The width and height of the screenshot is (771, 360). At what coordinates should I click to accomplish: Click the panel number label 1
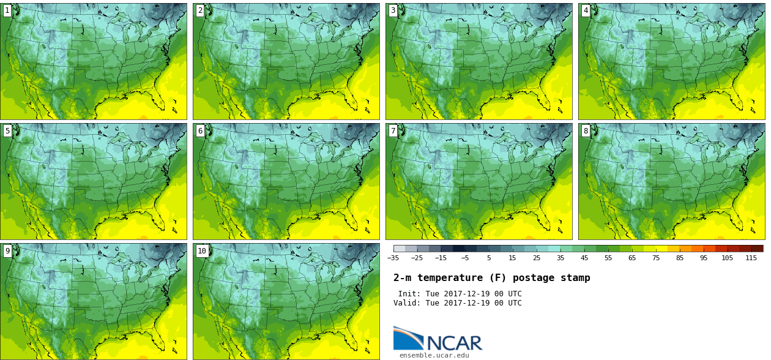tap(7, 10)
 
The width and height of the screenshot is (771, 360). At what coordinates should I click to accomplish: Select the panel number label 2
tap(200, 10)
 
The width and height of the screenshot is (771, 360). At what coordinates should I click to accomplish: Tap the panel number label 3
tap(393, 10)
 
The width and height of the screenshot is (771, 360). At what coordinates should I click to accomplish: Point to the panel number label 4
tap(586, 10)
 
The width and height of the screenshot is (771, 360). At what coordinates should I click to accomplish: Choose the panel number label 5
tap(7, 130)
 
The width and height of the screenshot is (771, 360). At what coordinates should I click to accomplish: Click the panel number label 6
tap(200, 130)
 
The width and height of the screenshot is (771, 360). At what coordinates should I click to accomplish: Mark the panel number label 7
tap(393, 130)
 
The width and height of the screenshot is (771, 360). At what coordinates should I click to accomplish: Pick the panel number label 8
tap(586, 130)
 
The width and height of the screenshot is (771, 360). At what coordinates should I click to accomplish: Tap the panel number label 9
tap(7, 250)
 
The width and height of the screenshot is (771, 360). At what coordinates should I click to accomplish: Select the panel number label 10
tap(202, 250)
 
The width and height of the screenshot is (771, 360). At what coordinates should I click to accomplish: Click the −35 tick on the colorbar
tap(393, 258)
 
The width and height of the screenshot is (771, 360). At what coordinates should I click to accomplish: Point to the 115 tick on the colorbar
tap(751, 258)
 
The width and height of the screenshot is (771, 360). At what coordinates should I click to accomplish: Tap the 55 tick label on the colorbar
tap(608, 258)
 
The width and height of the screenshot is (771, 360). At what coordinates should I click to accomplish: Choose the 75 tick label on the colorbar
tap(656, 258)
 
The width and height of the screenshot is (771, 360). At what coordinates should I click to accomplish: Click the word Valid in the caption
tap(406, 303)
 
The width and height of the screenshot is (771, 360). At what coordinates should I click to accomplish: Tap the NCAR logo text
tap(454, 342)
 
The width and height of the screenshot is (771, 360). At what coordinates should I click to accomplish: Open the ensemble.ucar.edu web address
tap(434, 355)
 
